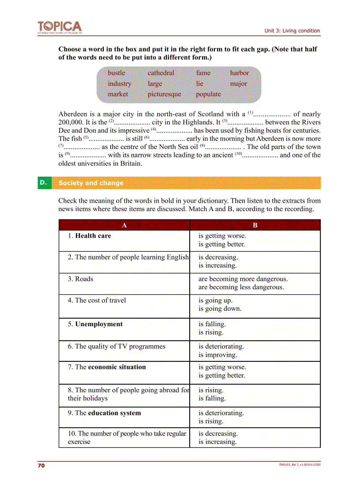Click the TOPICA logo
tap(60, 27)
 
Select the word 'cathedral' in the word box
tap(161, 73)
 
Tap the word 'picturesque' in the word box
tap(164, 94)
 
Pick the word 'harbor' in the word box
tap(239, 73)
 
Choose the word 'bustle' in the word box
tap(116, 73)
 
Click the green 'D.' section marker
tap(43, 182)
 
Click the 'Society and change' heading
tap(91, 183)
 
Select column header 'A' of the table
tap(124, 225)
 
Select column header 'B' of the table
tap(255, 225)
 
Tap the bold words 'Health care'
tap(93, 236)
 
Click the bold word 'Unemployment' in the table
tap(99, 324)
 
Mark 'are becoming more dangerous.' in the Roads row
tap(243, 279)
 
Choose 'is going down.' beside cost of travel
tap(220, 309)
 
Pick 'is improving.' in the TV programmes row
tap(217, 355)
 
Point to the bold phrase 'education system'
tap(114, 413)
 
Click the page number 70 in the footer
tap(41, 465)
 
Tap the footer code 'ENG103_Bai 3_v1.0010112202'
tap(300, 465)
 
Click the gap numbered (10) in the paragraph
tap(260, 155)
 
